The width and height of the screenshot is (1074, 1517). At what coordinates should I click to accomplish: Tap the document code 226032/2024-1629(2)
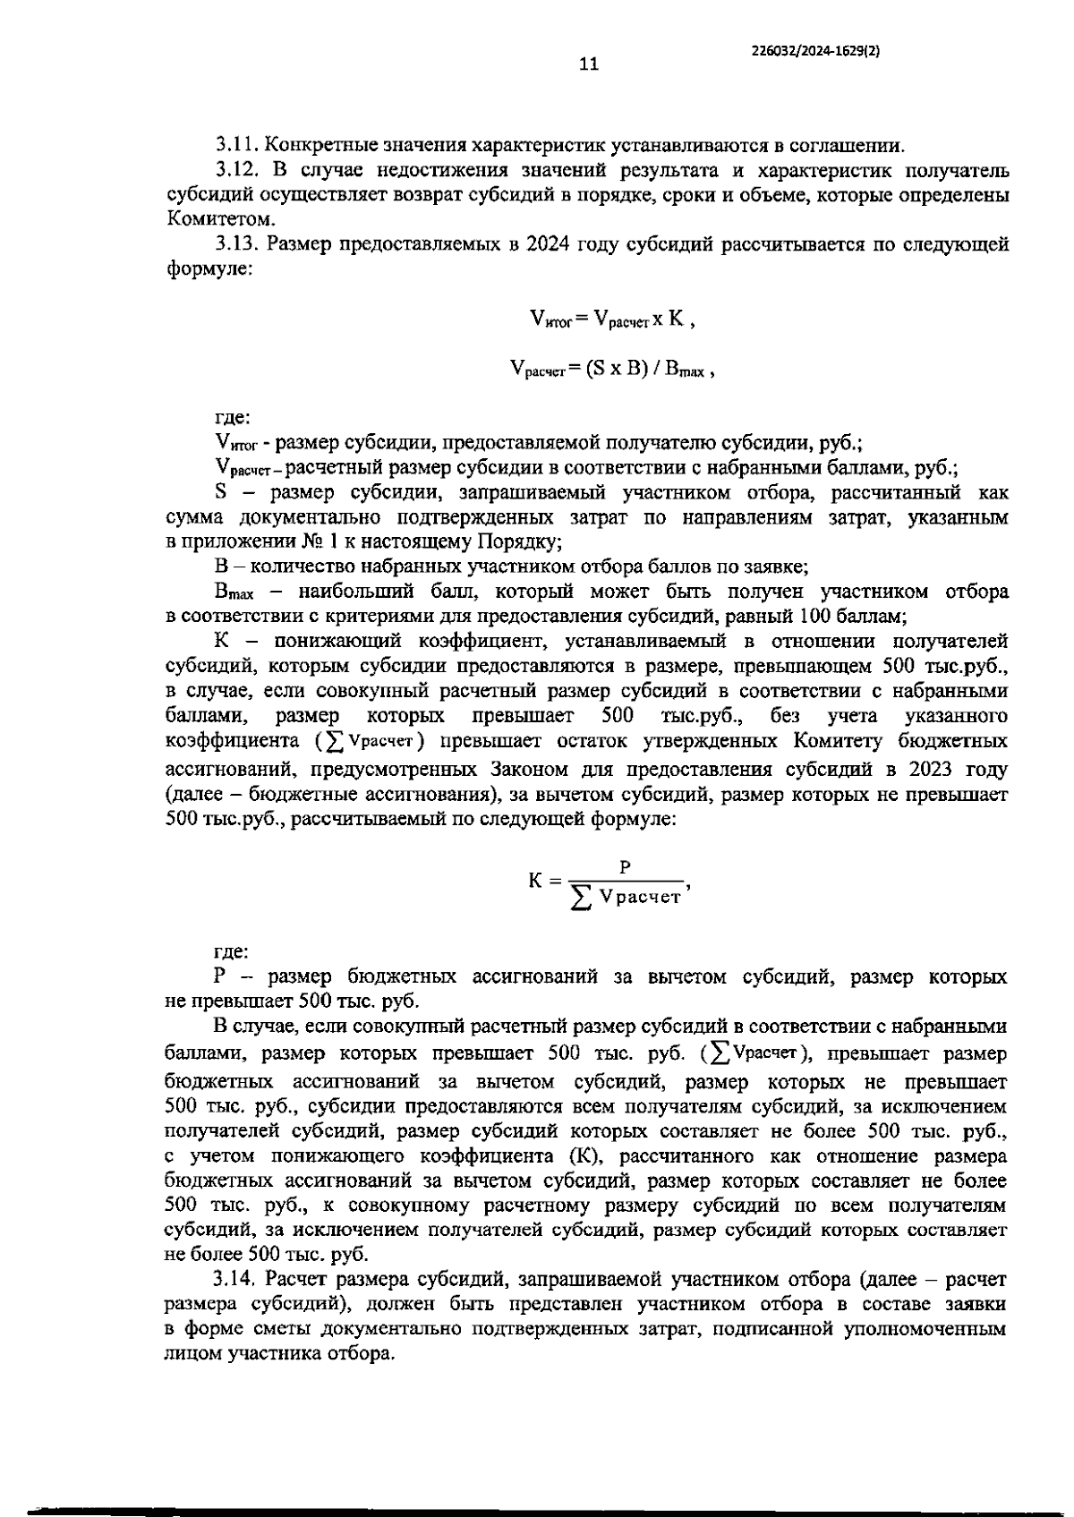pos(815,51)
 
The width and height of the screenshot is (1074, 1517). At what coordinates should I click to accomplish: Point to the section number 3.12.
pos(237,170)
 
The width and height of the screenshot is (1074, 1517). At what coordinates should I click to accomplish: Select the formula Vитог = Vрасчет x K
pos(612,319)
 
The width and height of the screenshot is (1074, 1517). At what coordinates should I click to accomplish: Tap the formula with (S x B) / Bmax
pos(612,369)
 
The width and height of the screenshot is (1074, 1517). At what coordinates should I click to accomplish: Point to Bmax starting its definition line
pos(235,592)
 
